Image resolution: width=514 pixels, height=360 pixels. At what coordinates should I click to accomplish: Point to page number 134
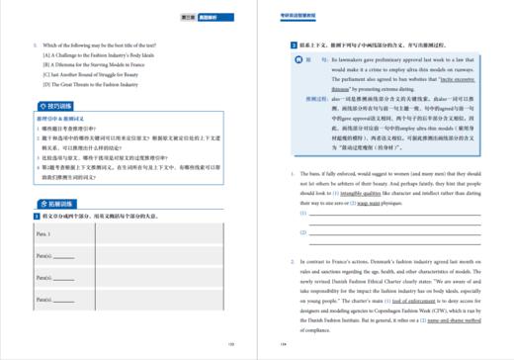(283, 345)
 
